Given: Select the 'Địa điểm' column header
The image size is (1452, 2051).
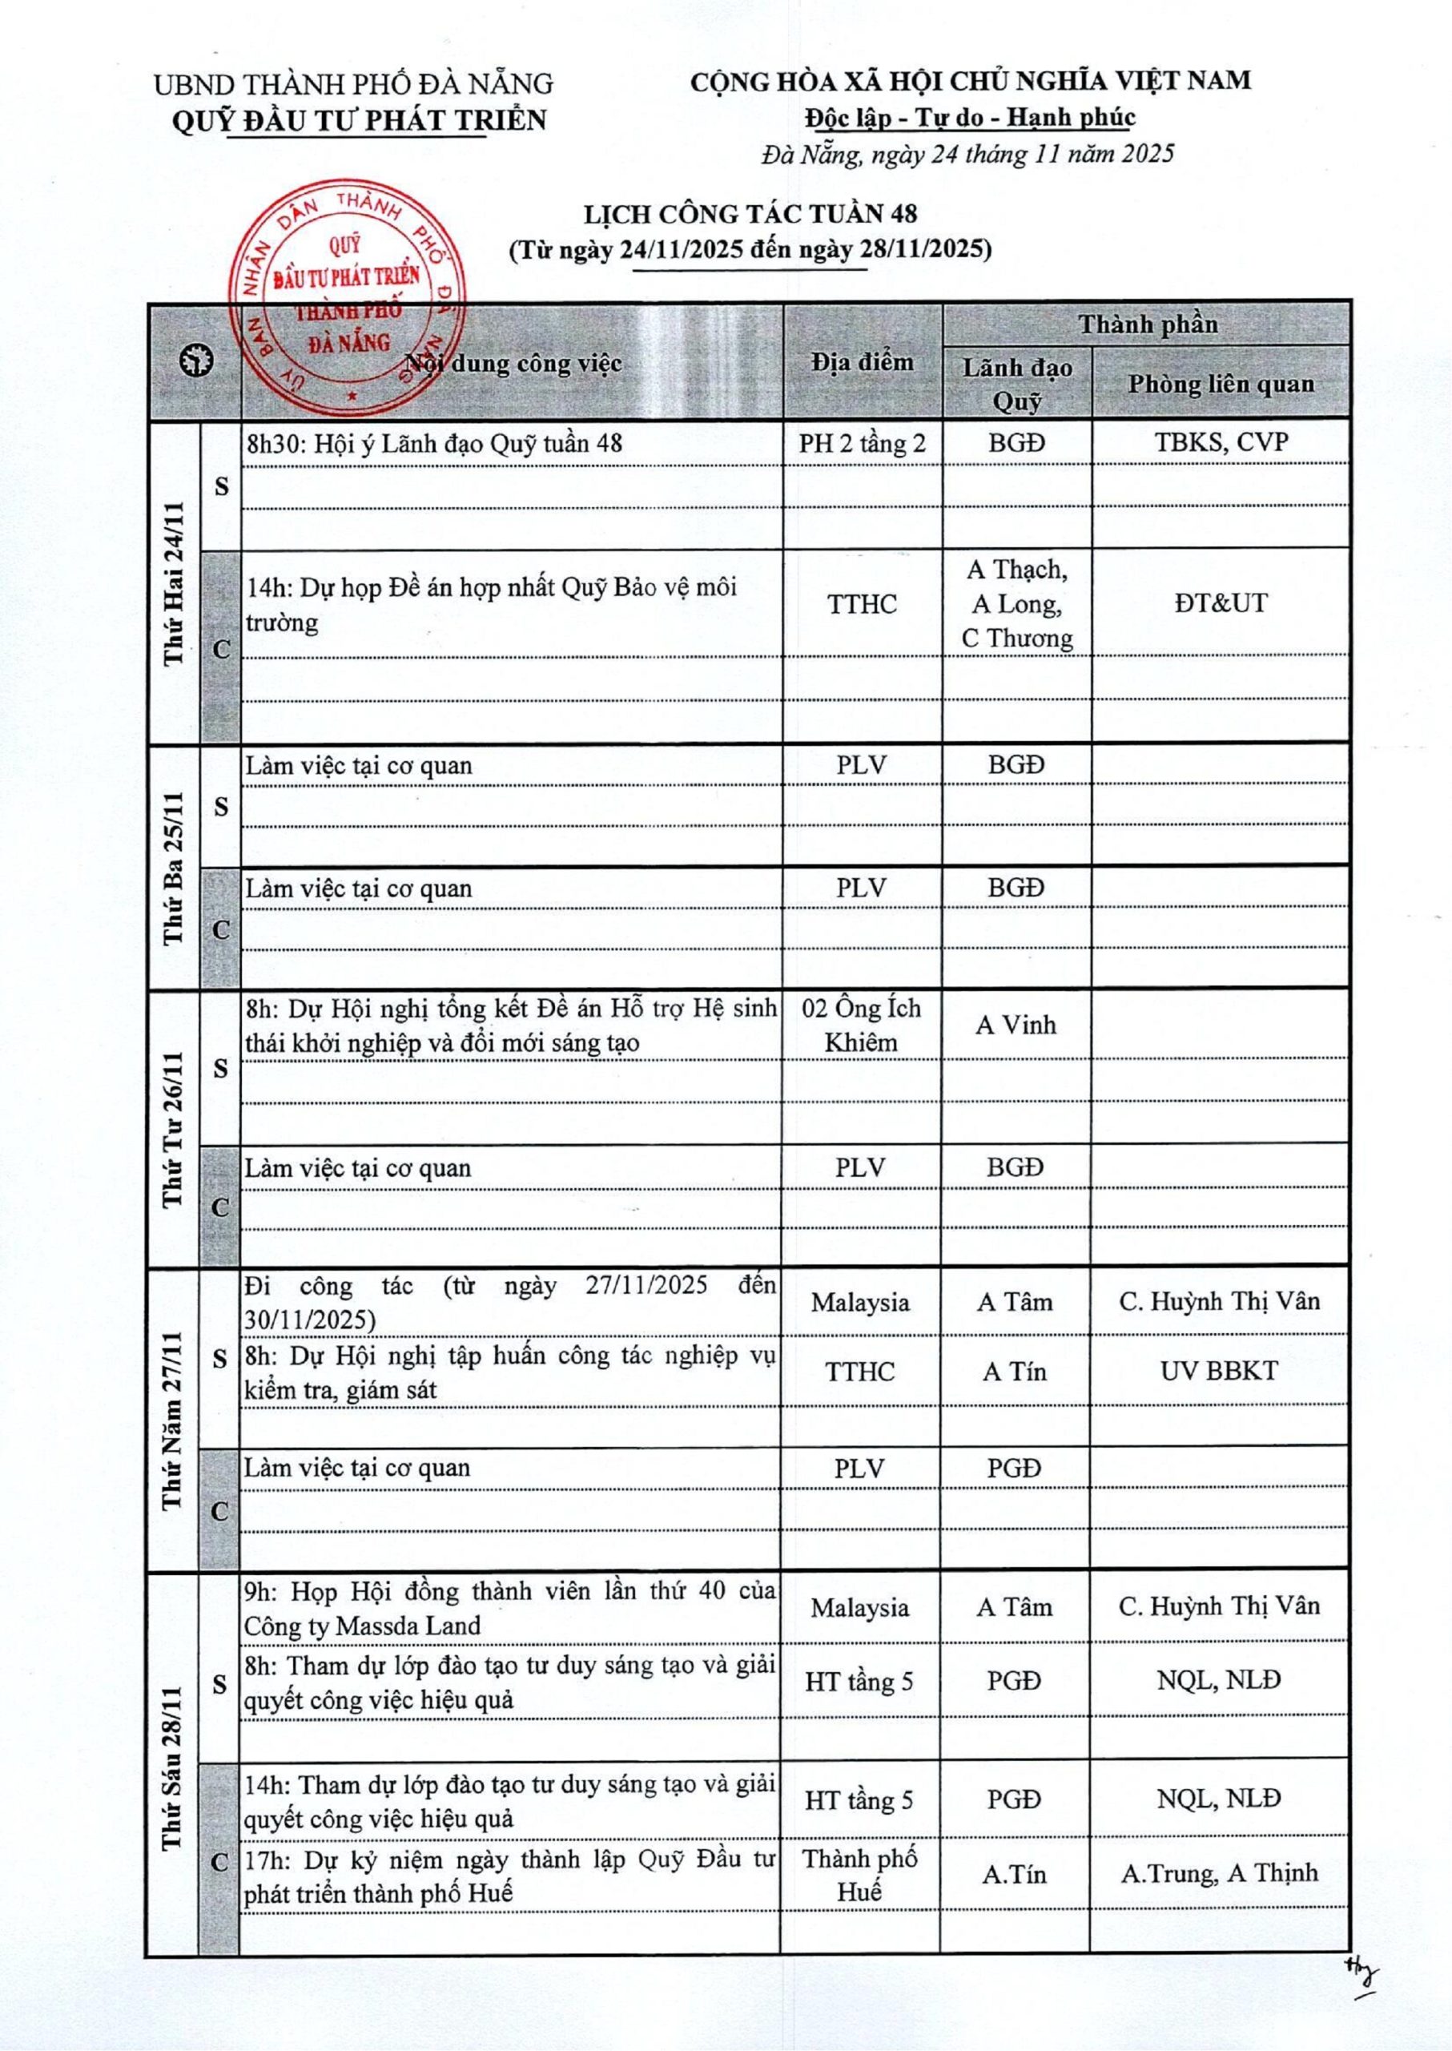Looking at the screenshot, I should pyautogui.click(x=862, y=362).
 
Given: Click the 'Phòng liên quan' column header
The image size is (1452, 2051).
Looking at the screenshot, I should pyautogui.click(x=1221, y=384).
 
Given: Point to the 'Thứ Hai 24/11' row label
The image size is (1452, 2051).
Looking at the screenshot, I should pyautogui.click(x=174, y=583).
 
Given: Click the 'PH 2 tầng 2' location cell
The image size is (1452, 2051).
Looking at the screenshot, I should pyautogui.click(x=862, y=444).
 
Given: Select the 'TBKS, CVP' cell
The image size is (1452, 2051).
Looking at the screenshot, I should pyautogui.click(x=1221, y=443).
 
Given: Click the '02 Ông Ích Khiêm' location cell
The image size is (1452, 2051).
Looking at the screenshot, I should pyautogui.click(x=861, y=1025).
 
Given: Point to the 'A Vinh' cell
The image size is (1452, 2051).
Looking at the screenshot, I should pyautogui.click(x=1016, y=1025).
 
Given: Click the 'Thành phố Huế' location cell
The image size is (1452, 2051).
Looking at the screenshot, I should pyautogui.click(x=859, y=1875).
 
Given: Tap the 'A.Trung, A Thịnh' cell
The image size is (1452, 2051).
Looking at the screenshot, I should pyautogui.click(x=1219, y=1873).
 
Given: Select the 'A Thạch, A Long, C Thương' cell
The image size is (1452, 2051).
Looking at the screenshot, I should pyautogui.click(x=1016, y=604).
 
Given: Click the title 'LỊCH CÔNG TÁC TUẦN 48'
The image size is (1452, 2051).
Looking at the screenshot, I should pyautogui.click(x=750, y=214).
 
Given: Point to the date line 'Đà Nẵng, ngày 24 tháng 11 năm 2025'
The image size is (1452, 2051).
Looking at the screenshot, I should pyautogui.click(x=967, y=154).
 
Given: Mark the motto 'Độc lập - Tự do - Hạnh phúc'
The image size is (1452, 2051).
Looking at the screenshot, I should pyautogui.click(x=969, y=117).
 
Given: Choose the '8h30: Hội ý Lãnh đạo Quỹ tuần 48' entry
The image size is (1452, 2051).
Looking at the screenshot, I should pyautogui.click(x=435, y=444).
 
